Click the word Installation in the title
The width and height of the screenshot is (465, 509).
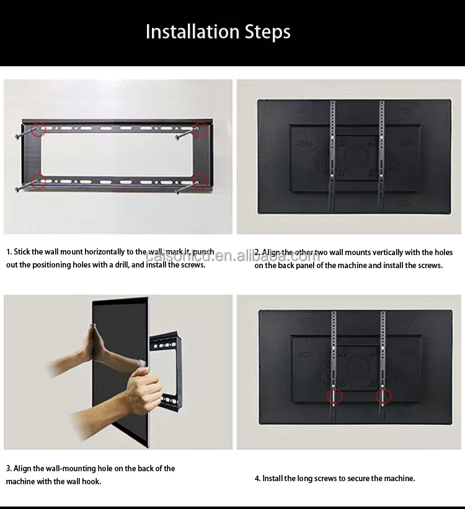pos(192,32)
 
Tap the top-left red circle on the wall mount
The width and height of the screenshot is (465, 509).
pos(39,129)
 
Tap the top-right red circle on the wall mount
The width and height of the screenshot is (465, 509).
pos(200,129)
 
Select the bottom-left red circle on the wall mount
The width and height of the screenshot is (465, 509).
pos(38,181)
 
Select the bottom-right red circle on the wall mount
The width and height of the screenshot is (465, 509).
pos(200,181)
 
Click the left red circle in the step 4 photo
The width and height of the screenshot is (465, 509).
pos(335,396)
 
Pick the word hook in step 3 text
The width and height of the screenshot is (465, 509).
pos(91,481)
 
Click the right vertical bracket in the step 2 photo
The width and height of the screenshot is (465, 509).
pos(381,155)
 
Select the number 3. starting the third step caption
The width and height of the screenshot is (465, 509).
pos(9,469)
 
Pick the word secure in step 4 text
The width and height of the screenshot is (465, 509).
pos(356,478)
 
